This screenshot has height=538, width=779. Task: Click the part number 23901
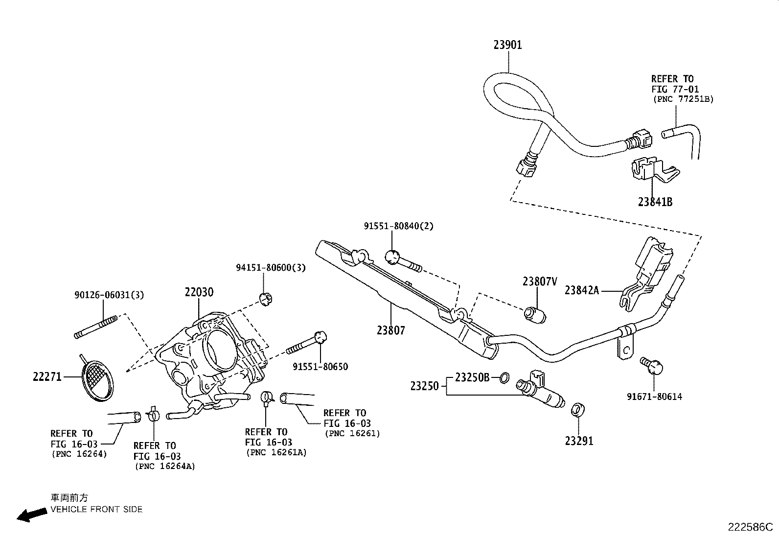coord(507,45)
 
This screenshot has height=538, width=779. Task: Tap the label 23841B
coord(655,202)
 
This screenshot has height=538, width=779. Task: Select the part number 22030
coord(199,292)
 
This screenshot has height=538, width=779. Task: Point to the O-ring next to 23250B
coord(504,377)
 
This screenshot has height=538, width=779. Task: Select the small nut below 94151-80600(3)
coord(265,299)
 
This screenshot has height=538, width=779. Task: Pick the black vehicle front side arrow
coord(30,515)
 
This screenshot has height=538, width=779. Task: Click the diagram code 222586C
coord(750,527)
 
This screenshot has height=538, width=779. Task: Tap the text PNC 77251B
coord(684,99)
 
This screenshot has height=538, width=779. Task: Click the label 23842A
coord(581,290)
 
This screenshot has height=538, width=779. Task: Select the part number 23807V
coord(540,281)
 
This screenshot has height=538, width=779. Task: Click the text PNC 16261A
coord(276,453)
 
